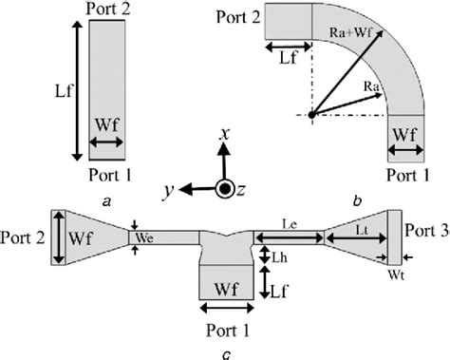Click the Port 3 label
point(426,231)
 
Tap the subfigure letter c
point(224,355)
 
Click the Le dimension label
point(291,222)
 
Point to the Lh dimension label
point(280,257)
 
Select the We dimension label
point(145,237)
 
